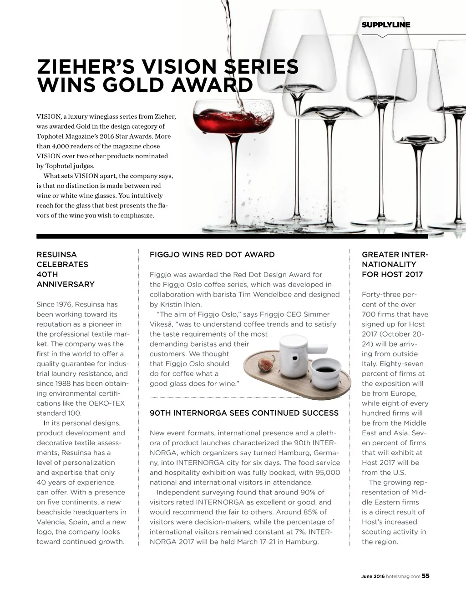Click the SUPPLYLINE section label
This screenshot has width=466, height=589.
(385, 25)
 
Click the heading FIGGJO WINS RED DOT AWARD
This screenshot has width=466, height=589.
(212, 255)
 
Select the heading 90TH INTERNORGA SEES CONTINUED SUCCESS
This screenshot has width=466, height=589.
(244, 413)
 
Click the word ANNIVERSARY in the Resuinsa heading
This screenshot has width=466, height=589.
(65, 284)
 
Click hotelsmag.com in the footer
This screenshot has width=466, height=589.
(403, 576)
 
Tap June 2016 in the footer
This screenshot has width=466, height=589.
(373, 576)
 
